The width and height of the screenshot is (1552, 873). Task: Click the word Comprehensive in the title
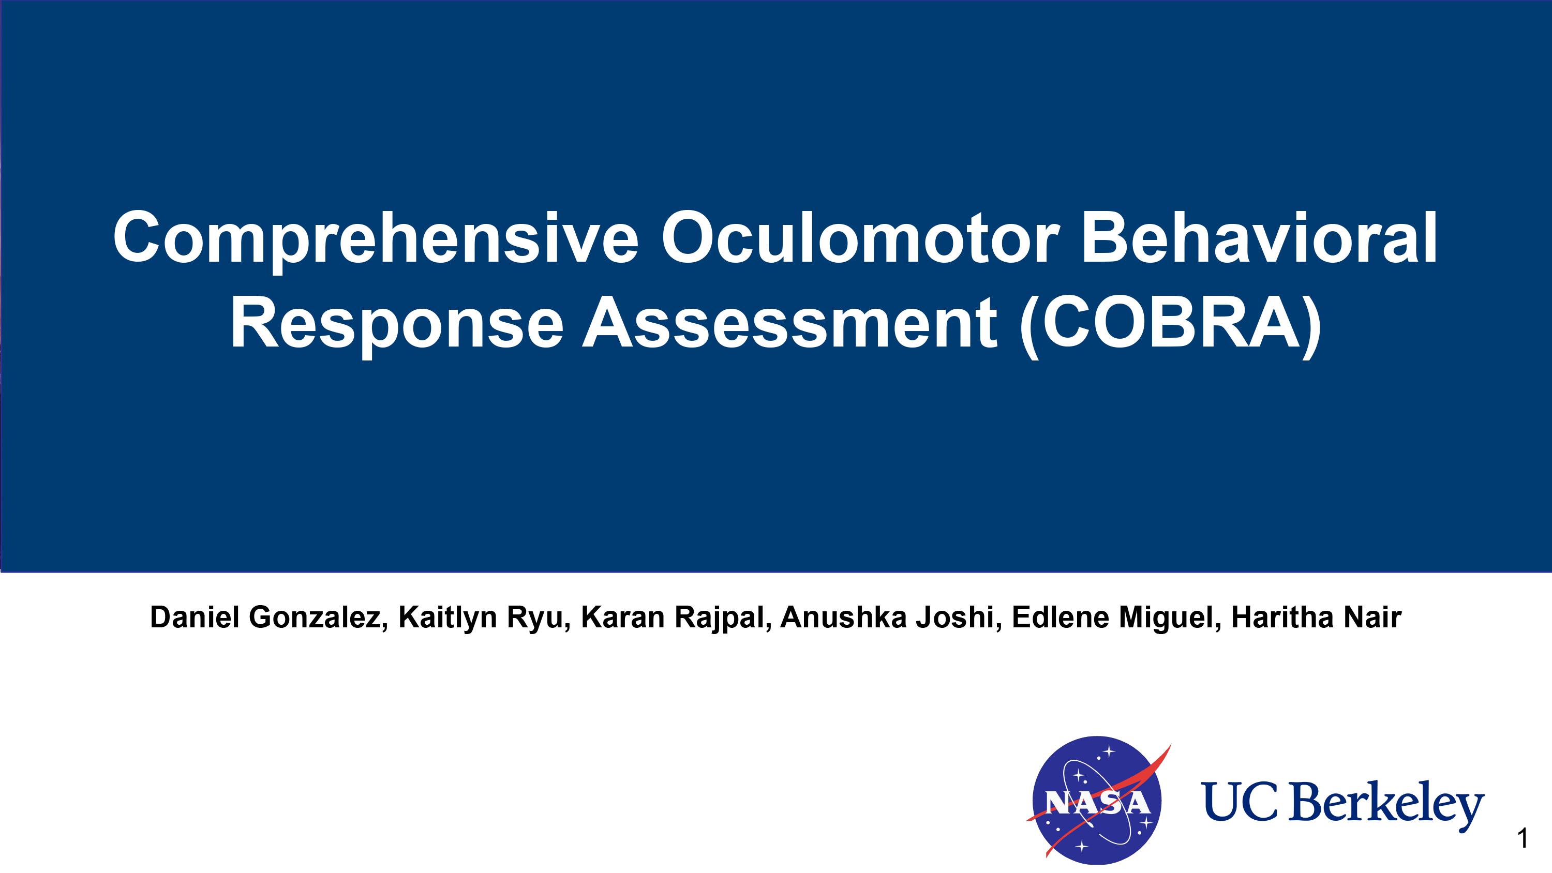[376, 239]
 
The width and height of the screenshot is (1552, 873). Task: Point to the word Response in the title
[397, 324]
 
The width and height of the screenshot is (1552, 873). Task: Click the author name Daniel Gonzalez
[268, 618]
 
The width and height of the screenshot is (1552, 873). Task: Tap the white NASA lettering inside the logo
[1098, 803]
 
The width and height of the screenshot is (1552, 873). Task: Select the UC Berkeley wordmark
[1342, 805]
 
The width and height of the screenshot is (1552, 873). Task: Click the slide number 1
[1523, 838]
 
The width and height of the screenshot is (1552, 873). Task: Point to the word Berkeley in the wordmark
[1386, 805]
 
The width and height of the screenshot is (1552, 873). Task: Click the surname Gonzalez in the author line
[318, 618]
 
